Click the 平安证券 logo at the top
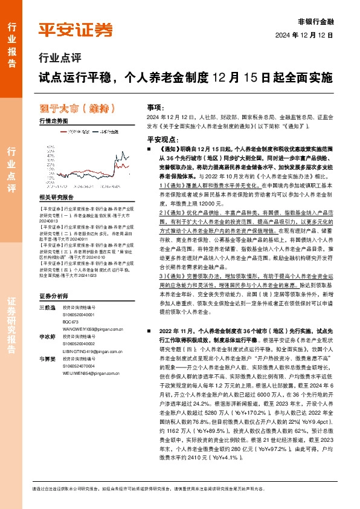click(76, 30)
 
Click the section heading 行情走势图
click(53, 122)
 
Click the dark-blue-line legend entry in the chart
click(105, 131)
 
